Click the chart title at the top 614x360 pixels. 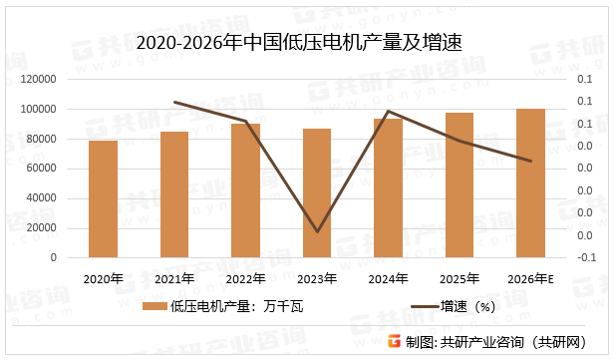[x=306, y=42]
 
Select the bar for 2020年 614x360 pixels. [x=103, y=199]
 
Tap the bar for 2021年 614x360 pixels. [x=174, y=194]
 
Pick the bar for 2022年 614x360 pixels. [x=245, y=190]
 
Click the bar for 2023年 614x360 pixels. [x=317, y=192]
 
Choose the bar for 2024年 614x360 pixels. [x=388, y=187]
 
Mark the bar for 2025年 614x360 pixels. [x=460, y=185]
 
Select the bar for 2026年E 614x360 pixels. [x=530, y=183]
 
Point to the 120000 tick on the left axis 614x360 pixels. [x=39, y=79]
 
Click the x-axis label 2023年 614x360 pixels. [x=317, y=278]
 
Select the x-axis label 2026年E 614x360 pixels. [x=530, y=278]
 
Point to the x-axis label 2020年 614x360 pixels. [x=103, y=278]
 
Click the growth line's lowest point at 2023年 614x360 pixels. [x=317, y=232]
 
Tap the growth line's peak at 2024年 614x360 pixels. [x=388, y=111]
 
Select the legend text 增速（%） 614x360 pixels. [x=467, y=307]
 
